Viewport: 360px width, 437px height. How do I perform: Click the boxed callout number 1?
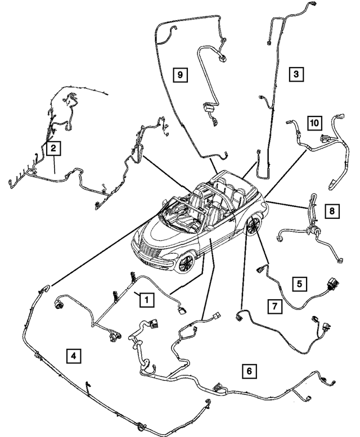coord(145,300)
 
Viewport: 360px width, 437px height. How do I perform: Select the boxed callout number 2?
coord(53,148)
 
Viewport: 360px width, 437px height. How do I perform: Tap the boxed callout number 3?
coord(295,74)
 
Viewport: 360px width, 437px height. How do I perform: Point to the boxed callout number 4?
coord(72,355)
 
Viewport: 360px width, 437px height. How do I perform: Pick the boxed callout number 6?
coord(249,371)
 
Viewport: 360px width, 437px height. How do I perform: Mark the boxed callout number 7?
coord(274,307)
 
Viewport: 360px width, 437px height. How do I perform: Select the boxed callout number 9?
coord(179,74)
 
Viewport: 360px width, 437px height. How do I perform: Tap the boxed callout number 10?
coord(314,122)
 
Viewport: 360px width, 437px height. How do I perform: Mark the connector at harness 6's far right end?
coord(341,382)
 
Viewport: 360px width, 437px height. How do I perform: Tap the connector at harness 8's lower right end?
coord(339,258)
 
